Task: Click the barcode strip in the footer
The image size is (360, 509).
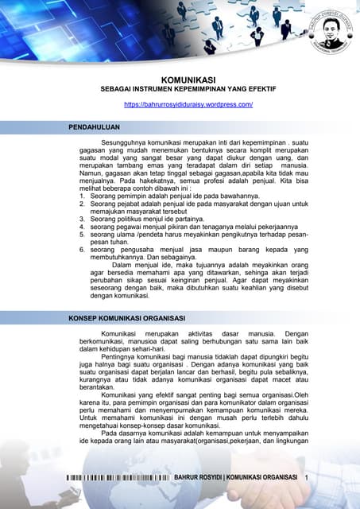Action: pos(118,476)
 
